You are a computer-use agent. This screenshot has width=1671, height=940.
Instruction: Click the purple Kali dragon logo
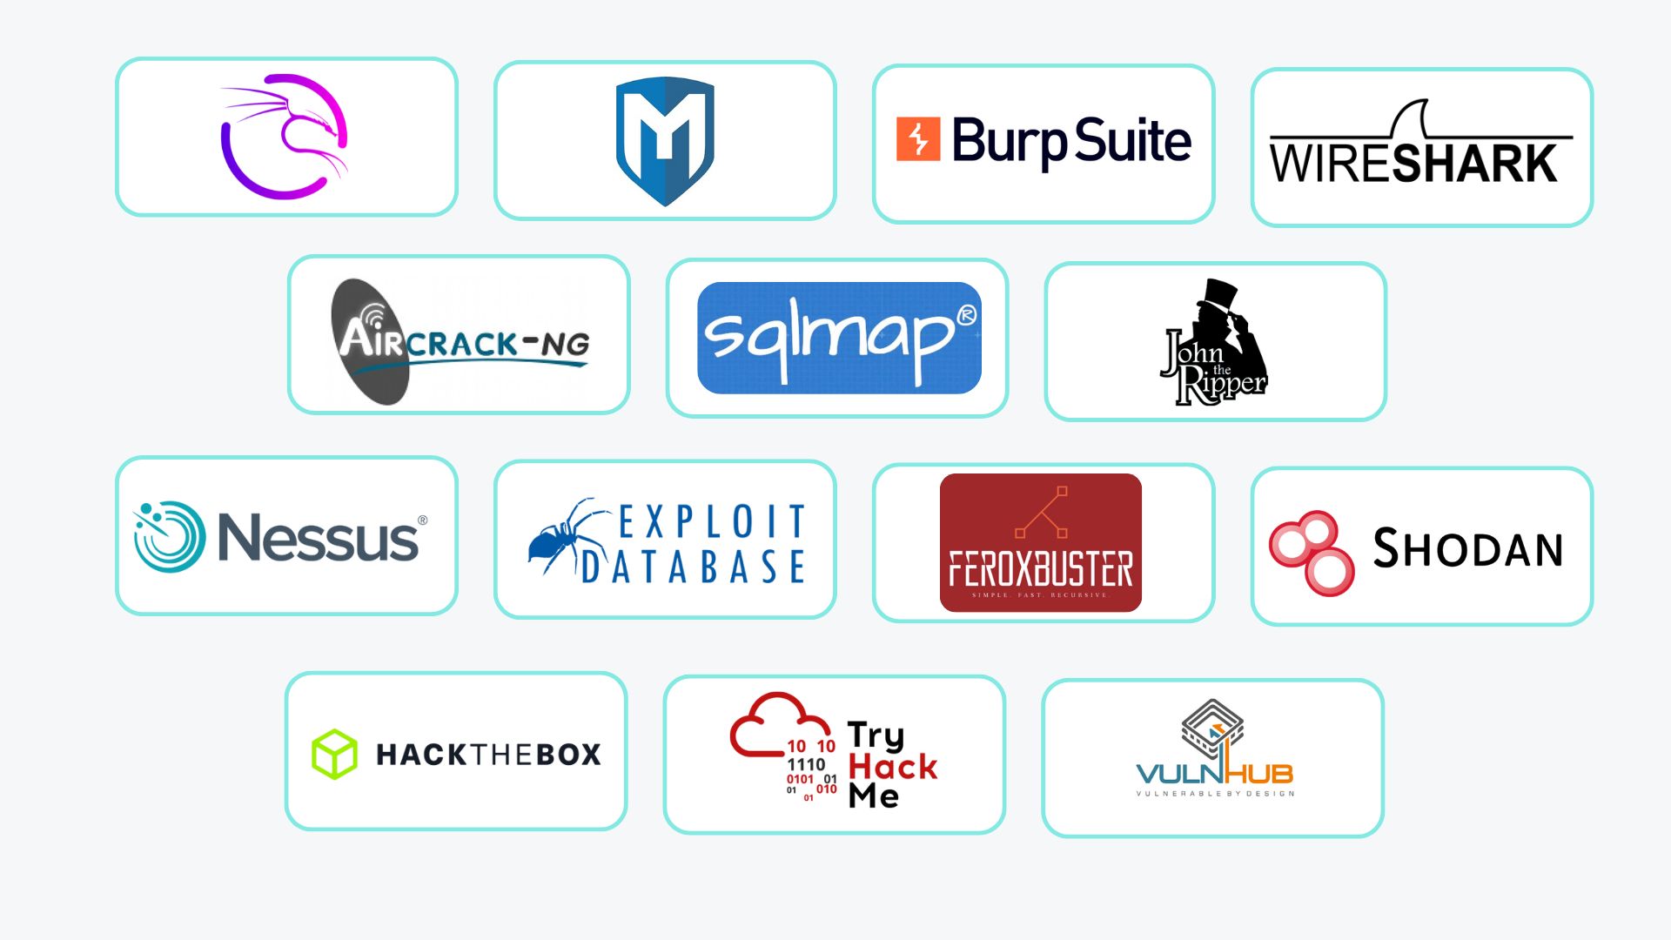point(284,137)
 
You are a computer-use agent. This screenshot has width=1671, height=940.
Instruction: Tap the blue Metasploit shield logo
point(665,141)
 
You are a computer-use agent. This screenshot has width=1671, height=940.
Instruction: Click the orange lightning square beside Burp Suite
point(918,139)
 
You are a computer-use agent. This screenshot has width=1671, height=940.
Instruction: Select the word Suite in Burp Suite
point(1132,141)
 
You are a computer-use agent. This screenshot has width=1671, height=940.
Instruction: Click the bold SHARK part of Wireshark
point(1474,164)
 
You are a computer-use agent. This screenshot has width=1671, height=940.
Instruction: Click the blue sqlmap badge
point(838,338)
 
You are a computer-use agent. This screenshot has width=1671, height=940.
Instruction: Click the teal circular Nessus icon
point(170,536)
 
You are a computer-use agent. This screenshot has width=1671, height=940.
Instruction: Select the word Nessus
point(319,538)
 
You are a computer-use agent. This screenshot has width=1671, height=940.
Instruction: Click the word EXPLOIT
point(712,522)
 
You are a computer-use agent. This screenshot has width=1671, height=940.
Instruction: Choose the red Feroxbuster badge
point(1040,542)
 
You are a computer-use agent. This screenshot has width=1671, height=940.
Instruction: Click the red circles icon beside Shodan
point(1312,552)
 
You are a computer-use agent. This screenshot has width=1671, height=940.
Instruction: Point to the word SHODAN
point(1468,548)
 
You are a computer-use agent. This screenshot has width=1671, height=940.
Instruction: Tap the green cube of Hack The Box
point(334,754)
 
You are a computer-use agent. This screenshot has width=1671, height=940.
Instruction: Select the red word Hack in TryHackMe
point(892,767)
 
